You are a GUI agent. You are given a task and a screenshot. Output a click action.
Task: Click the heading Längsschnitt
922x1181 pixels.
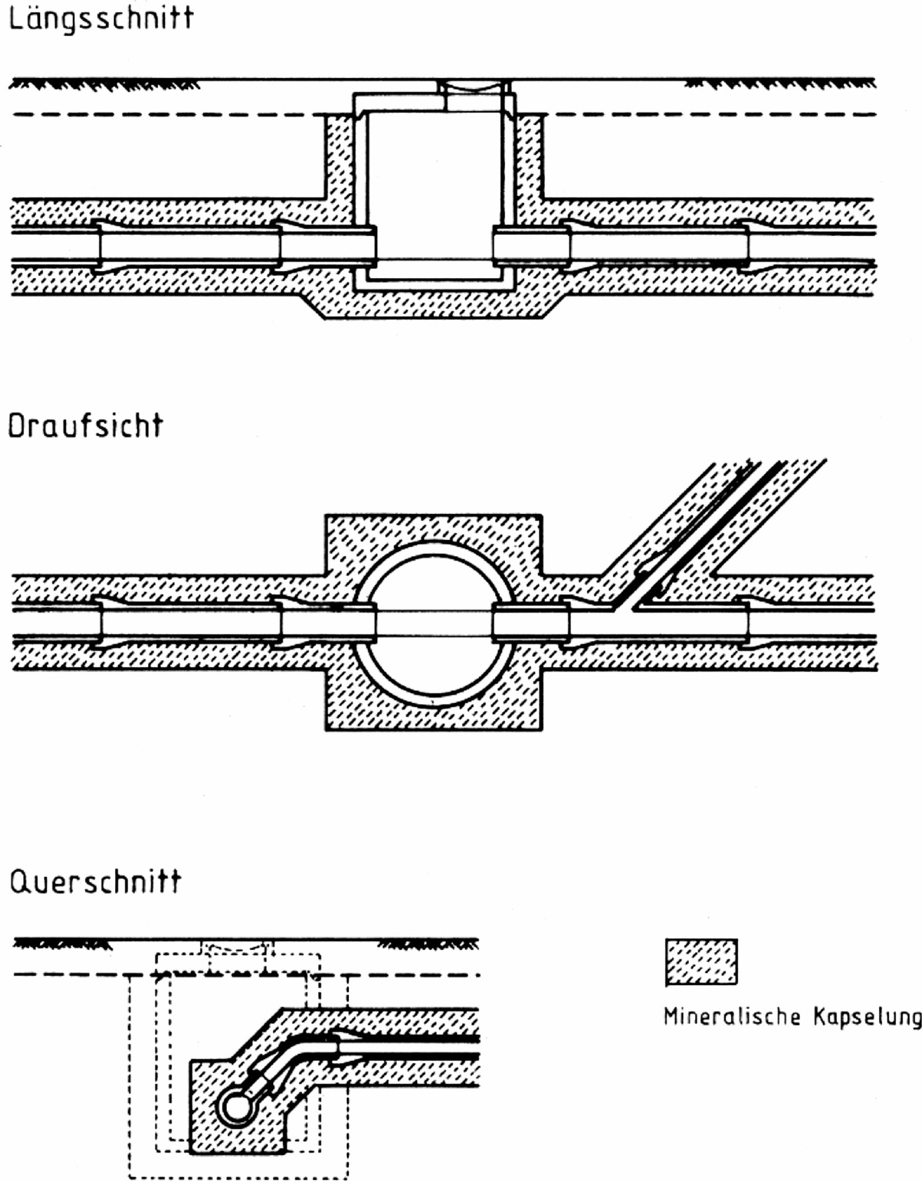[101, 19]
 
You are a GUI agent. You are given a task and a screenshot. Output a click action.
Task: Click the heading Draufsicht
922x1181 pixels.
[85, 425]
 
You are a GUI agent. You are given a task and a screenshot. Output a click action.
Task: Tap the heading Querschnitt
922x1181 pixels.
[95, 882]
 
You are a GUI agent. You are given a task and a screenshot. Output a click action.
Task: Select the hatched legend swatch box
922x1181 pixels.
[701, 962]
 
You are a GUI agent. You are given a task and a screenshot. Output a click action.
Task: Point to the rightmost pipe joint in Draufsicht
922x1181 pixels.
[747, 622]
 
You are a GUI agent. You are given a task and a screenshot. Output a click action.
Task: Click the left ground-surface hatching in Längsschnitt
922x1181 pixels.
[105, 84]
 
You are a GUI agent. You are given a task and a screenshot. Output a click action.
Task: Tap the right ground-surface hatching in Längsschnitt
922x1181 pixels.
[780, 84]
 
